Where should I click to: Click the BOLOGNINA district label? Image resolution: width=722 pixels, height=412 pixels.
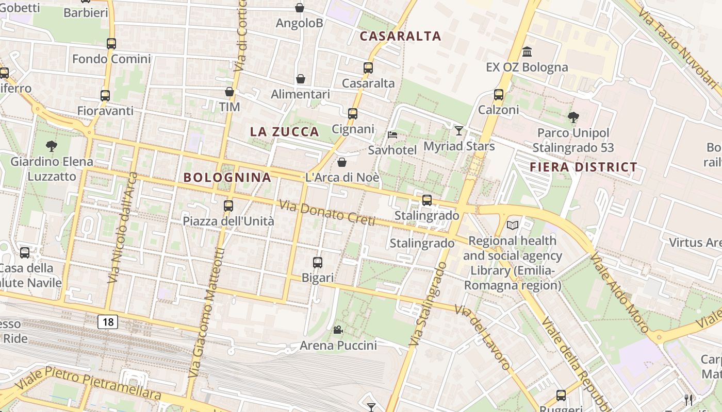(x=227, y=178)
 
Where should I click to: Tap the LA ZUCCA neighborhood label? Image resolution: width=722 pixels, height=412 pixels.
(x=285, y=132)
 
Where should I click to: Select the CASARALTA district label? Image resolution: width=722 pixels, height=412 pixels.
(x=400, y=36)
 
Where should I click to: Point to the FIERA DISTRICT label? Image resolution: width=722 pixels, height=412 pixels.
(x=583, y=167)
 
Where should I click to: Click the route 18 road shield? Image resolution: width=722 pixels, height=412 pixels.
(x=108, y=322)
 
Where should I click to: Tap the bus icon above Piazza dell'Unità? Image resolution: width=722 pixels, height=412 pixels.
(x=228, y=206)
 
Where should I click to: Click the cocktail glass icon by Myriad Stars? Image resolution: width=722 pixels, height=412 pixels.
(x=459, y=130)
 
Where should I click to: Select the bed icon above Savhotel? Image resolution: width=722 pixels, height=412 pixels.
(x=392, y=135)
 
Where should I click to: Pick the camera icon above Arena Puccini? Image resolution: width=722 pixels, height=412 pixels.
(x=338, y=330)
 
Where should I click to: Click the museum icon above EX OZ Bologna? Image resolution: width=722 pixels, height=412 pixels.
(x=527, y=52)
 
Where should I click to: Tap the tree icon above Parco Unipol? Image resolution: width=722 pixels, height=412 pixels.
(x=573, y=118)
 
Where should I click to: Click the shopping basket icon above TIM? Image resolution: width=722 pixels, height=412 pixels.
(x=229, y=92)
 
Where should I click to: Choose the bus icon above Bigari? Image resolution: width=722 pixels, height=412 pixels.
(x=318, y=263)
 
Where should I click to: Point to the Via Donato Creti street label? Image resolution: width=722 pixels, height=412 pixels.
(x=327, y=213)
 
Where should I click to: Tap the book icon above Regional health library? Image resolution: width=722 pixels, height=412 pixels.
(x=513, y=225)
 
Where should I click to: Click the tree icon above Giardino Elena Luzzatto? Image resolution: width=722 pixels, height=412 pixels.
(x=51, y=146)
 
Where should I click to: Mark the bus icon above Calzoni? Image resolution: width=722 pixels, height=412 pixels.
(x=498, y=95)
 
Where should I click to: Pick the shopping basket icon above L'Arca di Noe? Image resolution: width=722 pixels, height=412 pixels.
(x=341, y=163)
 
